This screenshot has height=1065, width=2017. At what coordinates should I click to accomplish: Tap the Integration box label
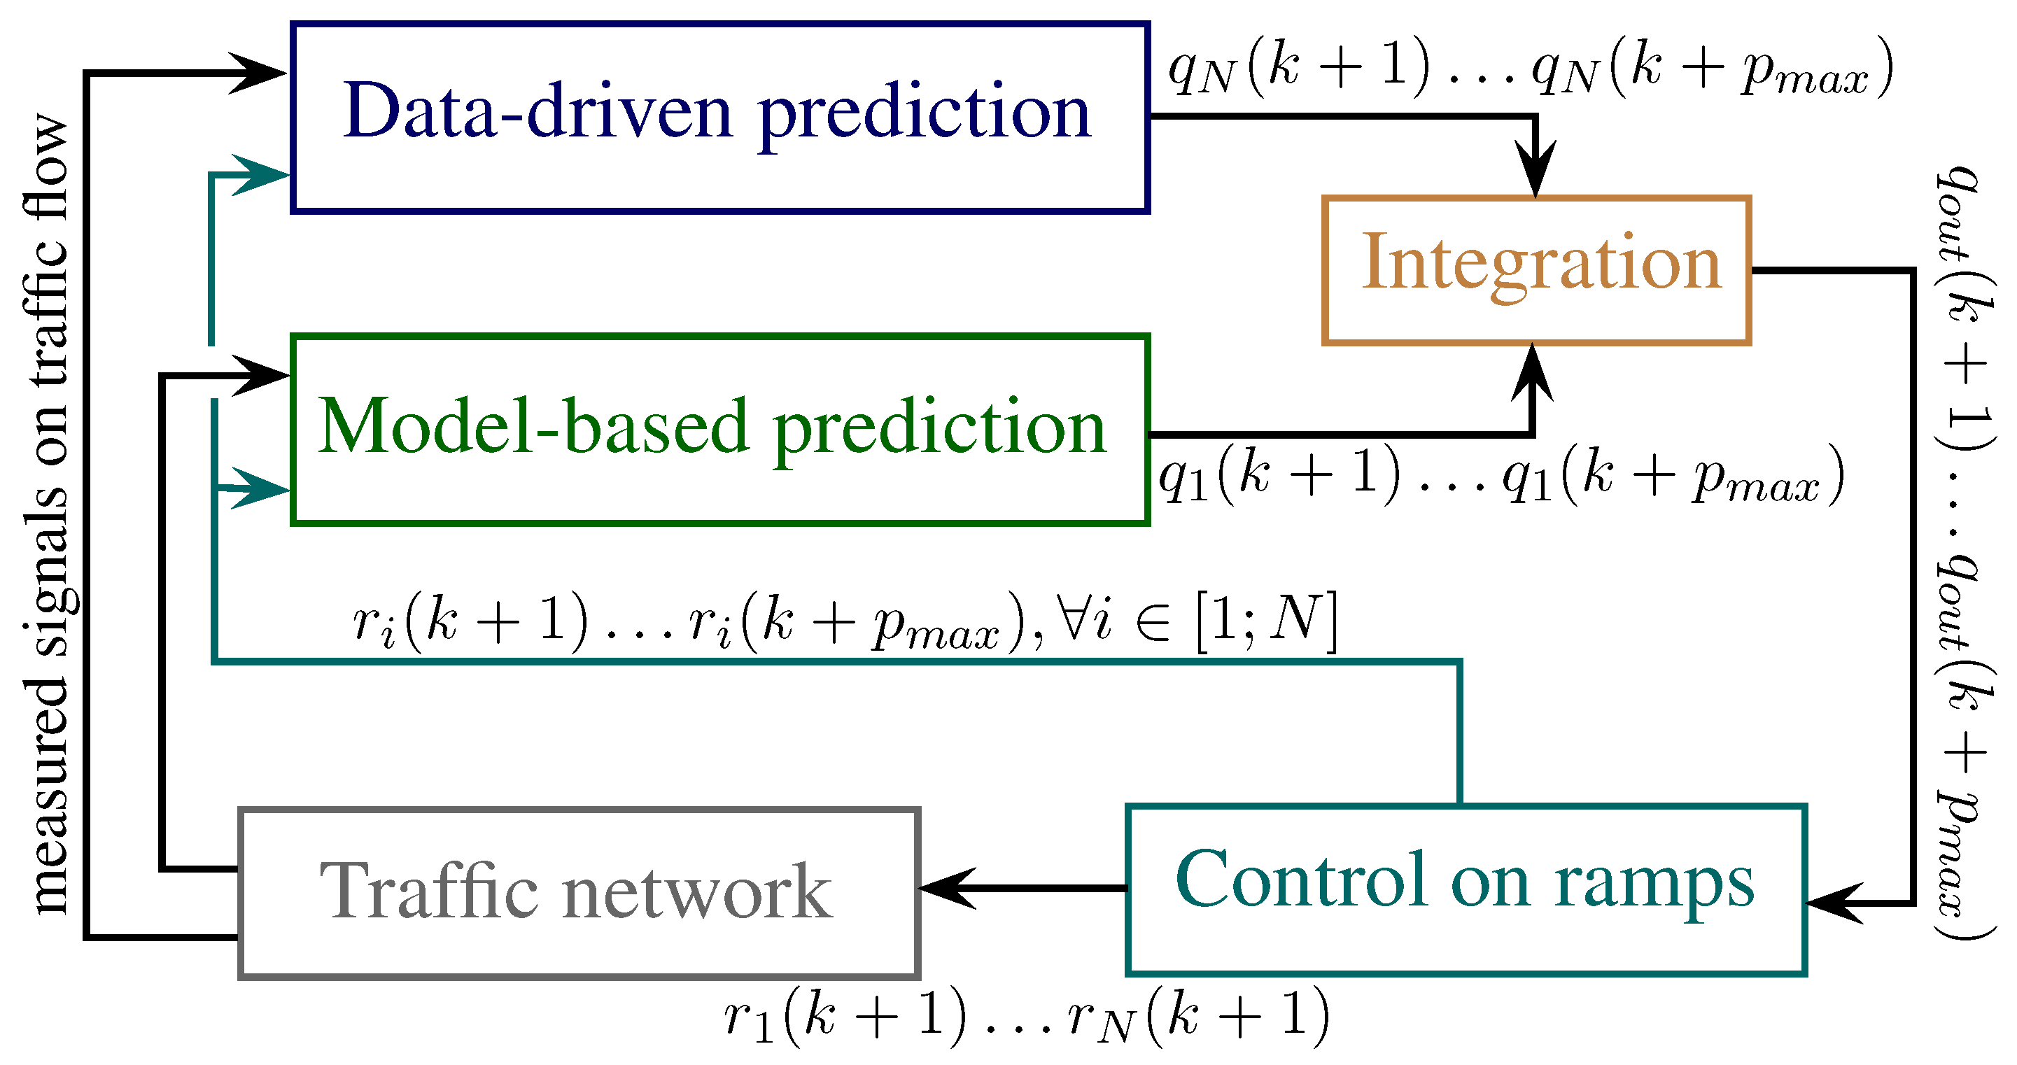click(1541, 263)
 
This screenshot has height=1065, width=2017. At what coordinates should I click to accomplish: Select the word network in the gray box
click(697, 892)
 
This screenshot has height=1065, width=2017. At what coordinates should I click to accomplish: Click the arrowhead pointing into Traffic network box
click(943, 888)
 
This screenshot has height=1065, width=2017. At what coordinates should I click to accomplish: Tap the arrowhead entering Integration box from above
click(1536, 172)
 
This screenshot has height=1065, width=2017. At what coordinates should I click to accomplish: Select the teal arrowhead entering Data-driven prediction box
click(262, 175)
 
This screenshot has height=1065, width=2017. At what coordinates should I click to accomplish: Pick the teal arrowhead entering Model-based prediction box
click(262, 488)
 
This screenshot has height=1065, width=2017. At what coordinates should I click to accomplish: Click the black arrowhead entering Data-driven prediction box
click(258, 73)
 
